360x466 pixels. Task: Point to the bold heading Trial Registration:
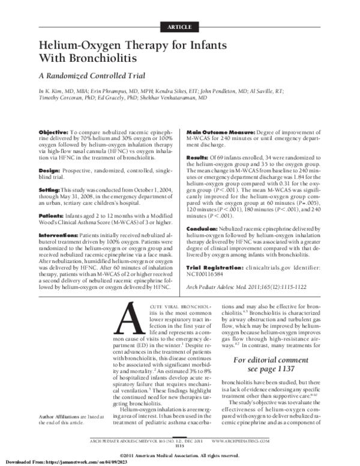click(x=218, y=266)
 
